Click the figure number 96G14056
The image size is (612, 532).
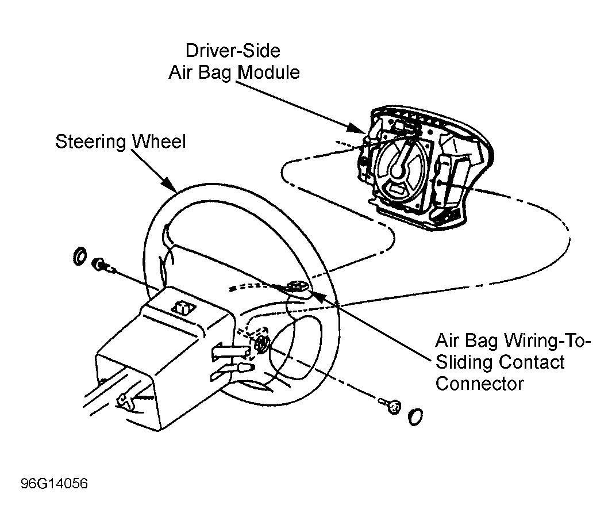tap(54, 484)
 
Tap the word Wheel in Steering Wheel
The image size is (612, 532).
tap(159, 141)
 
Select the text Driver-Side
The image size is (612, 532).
tap(233, 51)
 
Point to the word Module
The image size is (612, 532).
tap(269, 72)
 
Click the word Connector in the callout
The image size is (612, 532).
tap(479, 384)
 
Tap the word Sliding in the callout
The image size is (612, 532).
tap(461, 362)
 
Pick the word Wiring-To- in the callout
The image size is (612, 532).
tap(548, 340)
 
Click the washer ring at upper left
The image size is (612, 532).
tap(80, 257)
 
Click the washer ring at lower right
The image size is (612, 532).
tap(415, 416)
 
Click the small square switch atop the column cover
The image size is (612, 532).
tap(182, 307)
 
